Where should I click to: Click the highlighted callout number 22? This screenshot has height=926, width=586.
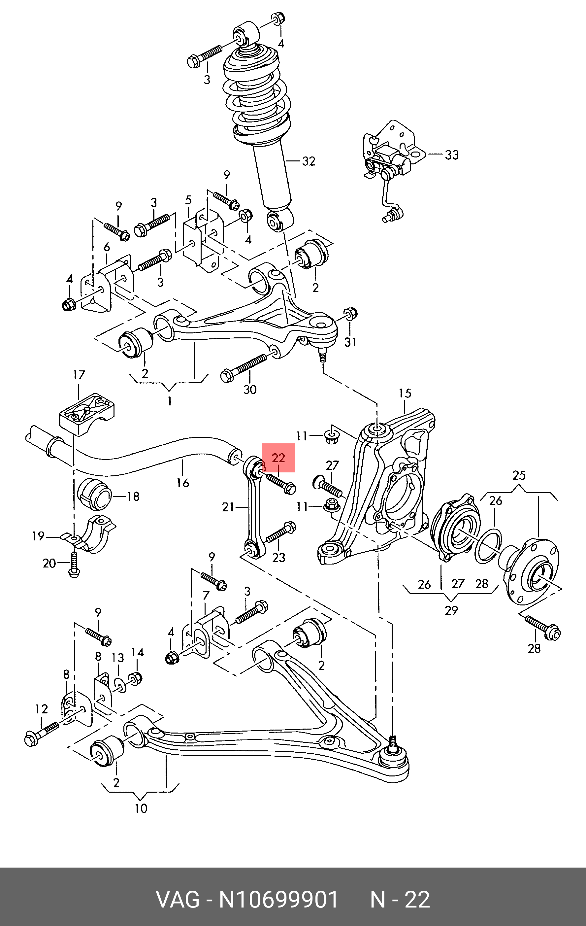click(x=278, y=458)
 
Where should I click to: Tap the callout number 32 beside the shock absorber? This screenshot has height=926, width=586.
click(x=309, y=161)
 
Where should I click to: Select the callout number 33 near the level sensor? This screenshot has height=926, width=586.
click(x=452, y=155)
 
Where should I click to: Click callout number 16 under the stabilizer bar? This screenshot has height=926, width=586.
click(x=182, y=483)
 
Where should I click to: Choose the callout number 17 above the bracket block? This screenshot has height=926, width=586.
click(x=79, y=375)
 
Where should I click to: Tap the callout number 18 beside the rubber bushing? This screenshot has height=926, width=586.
click(x=133, y=497)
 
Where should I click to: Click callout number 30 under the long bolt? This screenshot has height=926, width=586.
click(x=250, y=390)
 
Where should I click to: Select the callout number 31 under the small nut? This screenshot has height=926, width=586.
click(x=350, y=342)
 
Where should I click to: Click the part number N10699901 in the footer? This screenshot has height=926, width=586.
click(x=278, y=900)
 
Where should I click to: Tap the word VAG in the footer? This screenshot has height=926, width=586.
click(x=178, y=900)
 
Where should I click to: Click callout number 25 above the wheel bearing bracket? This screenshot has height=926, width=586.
click(x=519, y=475)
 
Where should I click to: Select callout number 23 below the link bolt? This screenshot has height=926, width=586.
click(x=278, y=557)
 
